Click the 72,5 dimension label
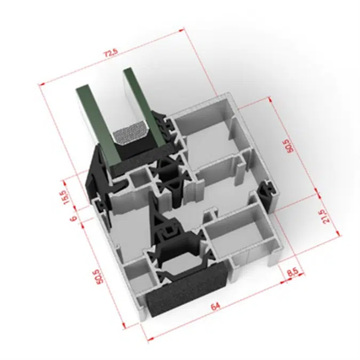[x=111, y=54]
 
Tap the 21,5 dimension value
[x=326, y=215]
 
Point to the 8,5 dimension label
[x=292, y=273]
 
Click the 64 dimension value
[x=215, y=306]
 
